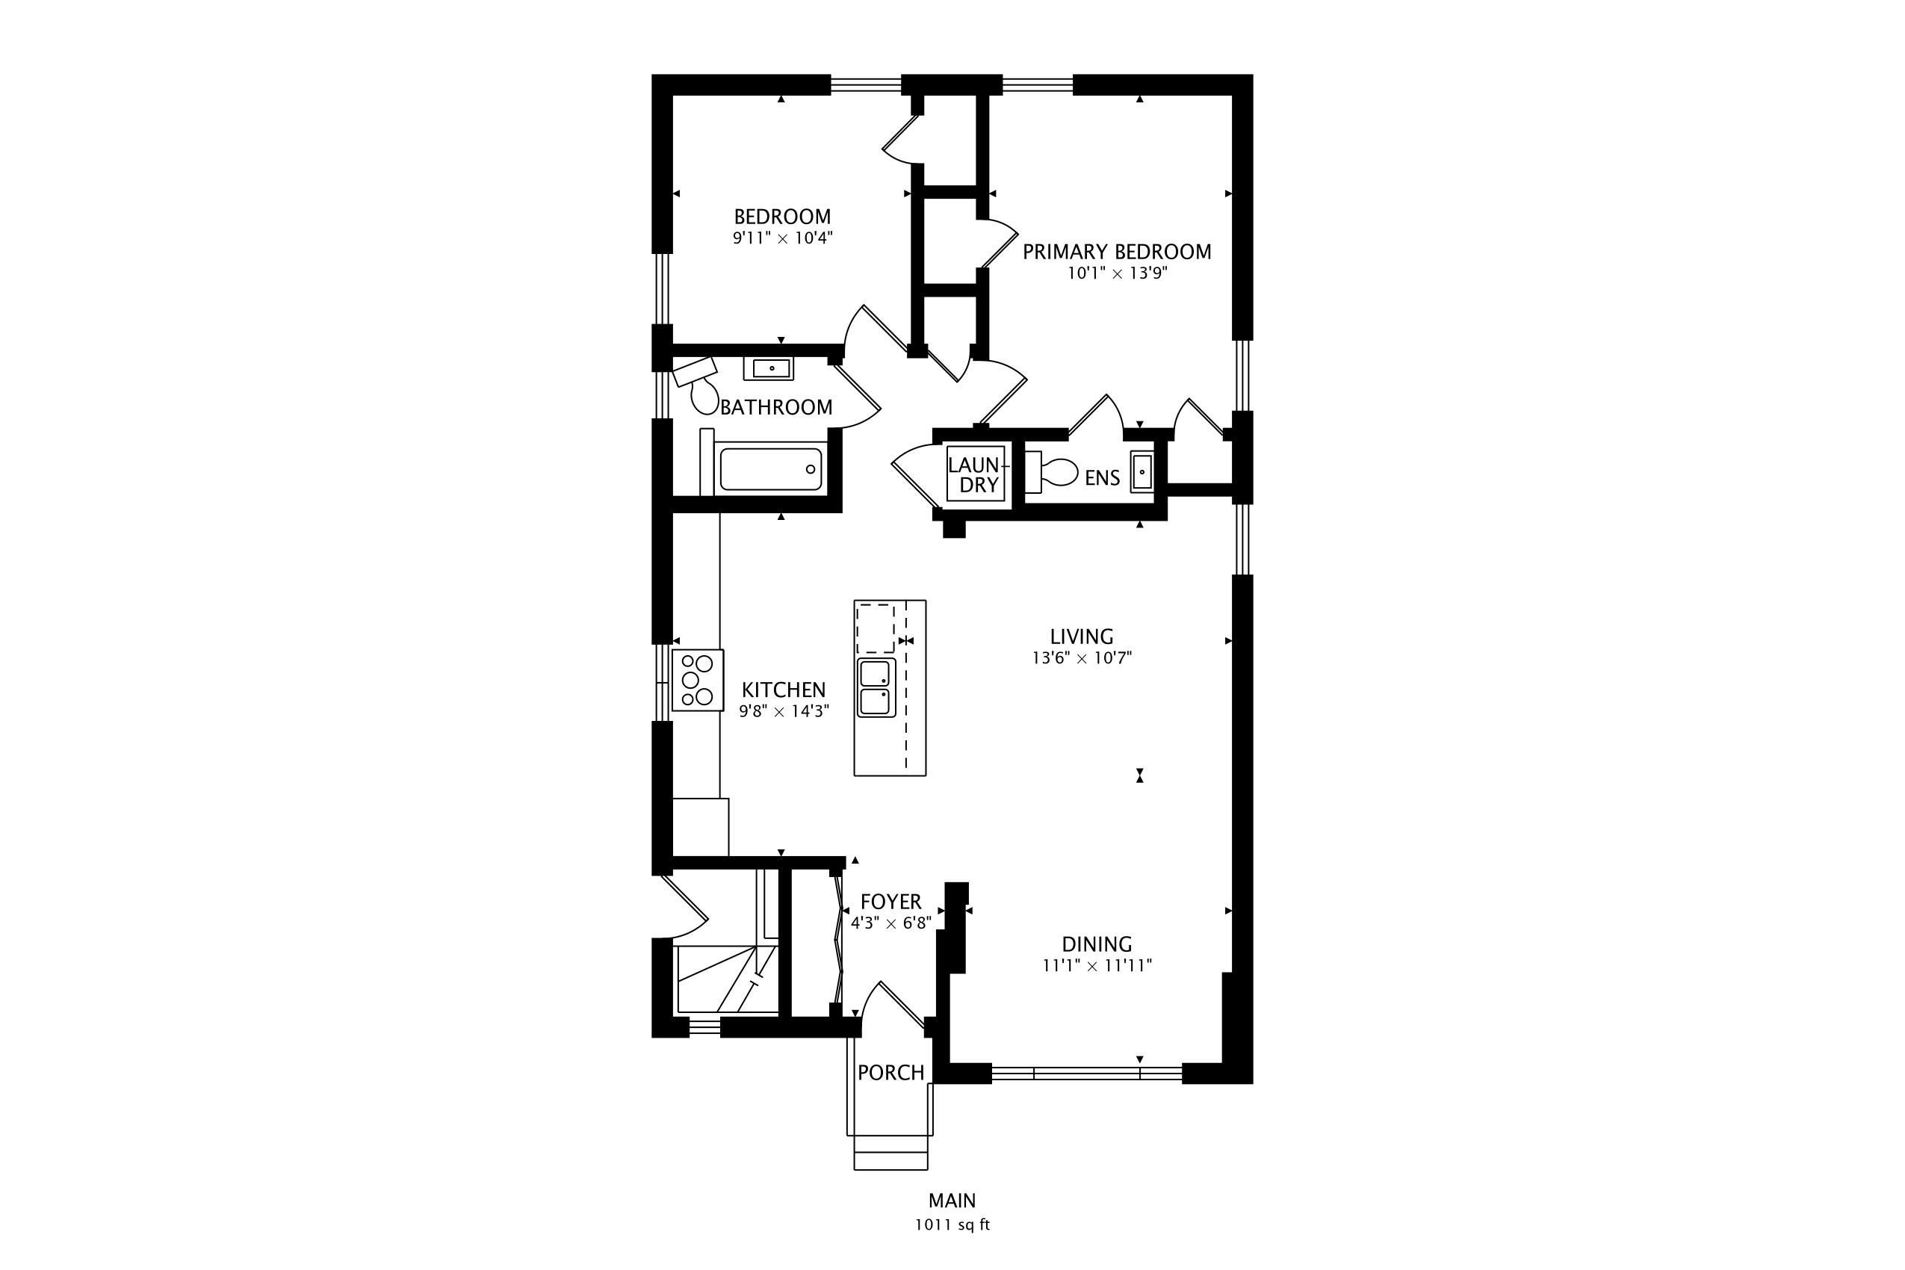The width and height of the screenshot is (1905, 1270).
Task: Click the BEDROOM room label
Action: coord(782,217)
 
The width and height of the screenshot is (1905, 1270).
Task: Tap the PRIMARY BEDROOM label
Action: coord(1117,252)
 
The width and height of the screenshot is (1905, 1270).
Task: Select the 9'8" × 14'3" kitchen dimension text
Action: coord(784,711)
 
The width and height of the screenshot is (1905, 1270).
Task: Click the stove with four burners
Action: coord(697,681)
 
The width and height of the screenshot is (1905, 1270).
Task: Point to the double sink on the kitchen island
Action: coord(877,687)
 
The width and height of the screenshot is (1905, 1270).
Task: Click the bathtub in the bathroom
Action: coord(770,469)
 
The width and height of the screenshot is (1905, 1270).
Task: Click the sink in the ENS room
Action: coord(1142,471)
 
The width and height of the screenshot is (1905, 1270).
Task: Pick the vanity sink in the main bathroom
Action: coord(769,368)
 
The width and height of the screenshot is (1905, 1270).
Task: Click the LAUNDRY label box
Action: coord(976,474)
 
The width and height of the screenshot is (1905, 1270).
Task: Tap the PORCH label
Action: coord(891,1072)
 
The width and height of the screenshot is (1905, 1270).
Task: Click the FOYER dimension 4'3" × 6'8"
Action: coord(891,923)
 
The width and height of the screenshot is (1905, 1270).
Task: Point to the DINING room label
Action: coord(1097,944)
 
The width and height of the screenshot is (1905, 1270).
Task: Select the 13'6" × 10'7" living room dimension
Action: coord(1081,657)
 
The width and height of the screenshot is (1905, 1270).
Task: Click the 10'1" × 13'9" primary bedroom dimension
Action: coord(1117,273)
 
